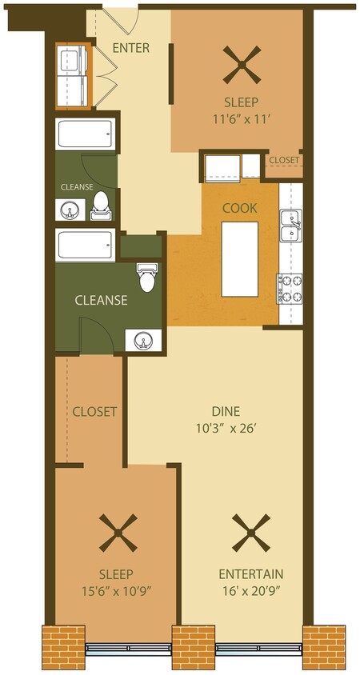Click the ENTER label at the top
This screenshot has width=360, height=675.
pos(130,48)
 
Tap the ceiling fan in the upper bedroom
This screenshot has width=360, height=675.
pos(242,65)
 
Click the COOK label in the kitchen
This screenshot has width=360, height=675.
pos(239,208)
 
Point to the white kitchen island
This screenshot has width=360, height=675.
pos(239,258)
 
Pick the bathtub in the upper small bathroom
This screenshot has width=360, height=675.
pos(83,135)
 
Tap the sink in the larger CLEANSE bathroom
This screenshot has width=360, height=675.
pos(143,341)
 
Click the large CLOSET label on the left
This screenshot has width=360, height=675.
pos(94,412)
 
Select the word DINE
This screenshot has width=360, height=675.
pos(226,411)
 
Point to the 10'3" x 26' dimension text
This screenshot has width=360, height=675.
pos(226,428)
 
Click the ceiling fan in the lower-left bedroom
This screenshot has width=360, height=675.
pos(117,533)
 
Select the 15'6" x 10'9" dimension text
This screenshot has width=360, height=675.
pos(116,591)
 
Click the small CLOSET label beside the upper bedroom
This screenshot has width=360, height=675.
pos(284,161)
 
